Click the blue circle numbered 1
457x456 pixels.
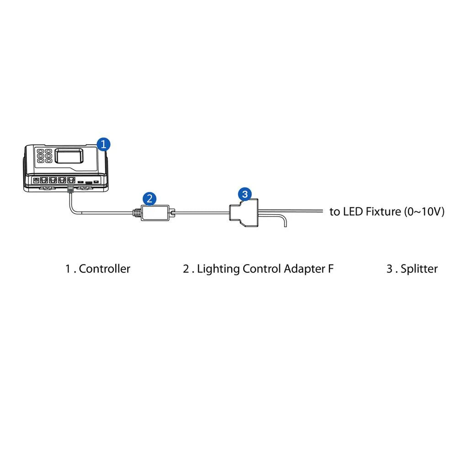104,144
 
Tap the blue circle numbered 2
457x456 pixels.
149,198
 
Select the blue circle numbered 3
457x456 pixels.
245,195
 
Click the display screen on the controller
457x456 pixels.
69,156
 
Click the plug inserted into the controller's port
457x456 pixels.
70,188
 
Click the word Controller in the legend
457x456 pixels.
104,269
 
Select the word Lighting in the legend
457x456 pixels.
218,269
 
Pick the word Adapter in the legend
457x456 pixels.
304,269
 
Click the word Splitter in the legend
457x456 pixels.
419,269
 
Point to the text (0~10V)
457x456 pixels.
424,212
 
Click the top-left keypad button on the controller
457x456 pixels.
40,151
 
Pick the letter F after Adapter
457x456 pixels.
331,269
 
